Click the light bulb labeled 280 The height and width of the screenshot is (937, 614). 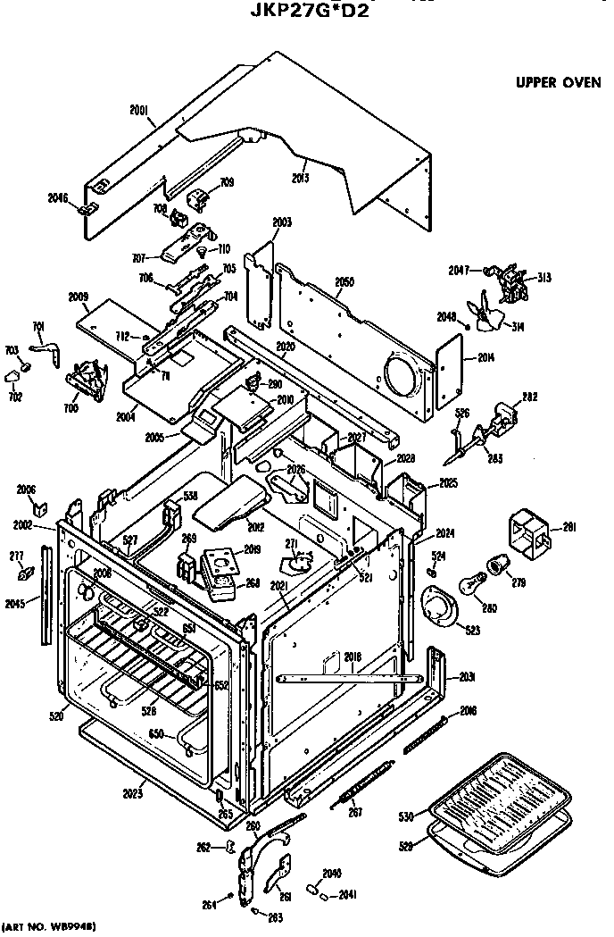pyautogui.click(x=470, y=586)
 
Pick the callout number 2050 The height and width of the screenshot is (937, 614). pyautogui.click(x=344, y=282)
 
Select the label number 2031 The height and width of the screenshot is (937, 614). pyautogui.click(x=464, y=676)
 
